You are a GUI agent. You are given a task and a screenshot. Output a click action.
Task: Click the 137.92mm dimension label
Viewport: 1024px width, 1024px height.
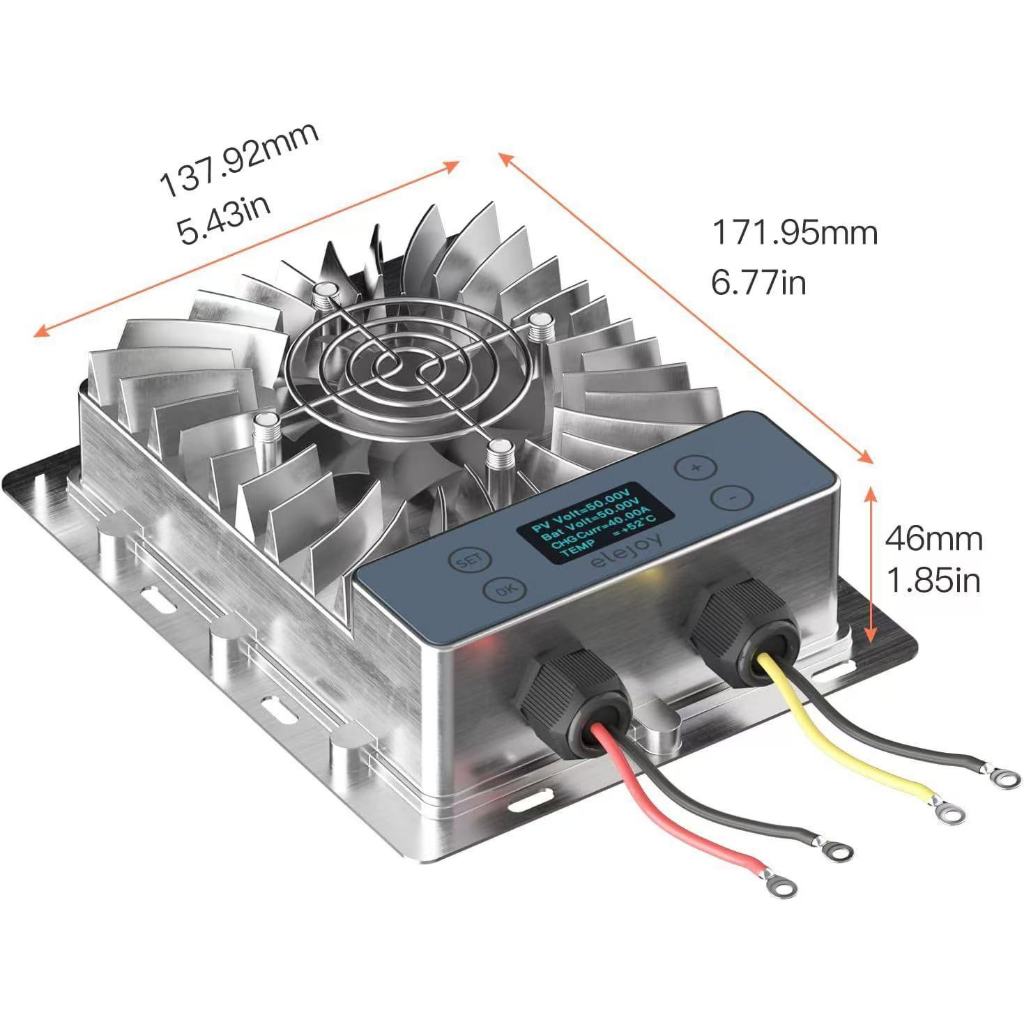pos(239,158)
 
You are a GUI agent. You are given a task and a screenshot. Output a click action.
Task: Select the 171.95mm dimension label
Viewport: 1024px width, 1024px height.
pos(794,233)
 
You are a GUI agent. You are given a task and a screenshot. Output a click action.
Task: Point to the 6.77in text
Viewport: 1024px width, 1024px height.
pos(759,283)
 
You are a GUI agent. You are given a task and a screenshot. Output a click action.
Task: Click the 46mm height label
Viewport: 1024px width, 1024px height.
pos(934,539)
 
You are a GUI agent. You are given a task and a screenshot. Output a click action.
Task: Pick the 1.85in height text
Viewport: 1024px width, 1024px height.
pos(934,580)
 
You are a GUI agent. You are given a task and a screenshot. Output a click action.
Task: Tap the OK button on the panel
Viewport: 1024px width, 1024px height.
pos(501,591)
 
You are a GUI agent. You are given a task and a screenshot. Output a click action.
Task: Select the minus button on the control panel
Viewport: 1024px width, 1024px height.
pos(730,497)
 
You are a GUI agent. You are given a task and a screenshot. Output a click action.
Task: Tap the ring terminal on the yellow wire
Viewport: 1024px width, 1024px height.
pos(949,810)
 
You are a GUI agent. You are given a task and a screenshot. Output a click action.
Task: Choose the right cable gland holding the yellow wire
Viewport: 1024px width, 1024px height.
pos(741,625)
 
